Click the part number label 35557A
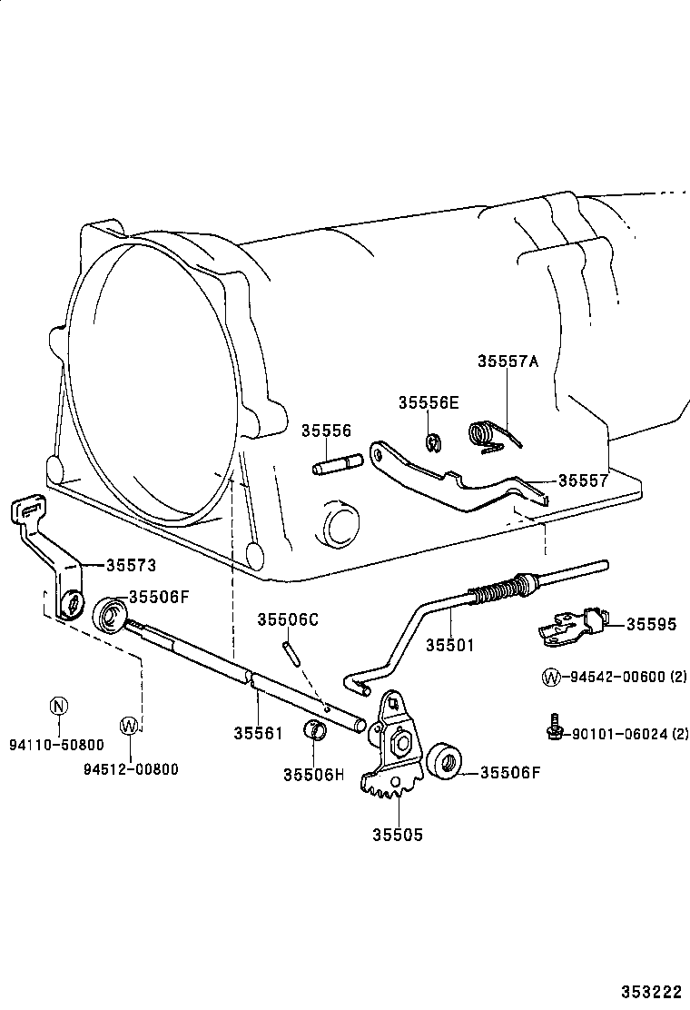[x=508, y=361]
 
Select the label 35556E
[x=429, y=402]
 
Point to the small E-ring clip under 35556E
[x=433, y=442]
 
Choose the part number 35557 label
[x=583, y=480]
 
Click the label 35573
[x=131, y=565]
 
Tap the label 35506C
[x=288, y=619]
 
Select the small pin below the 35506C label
[x=291, y=652]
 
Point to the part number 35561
[x=259, y=732]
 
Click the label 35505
[x=397, y=835]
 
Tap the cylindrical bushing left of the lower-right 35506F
[x=444, y=760]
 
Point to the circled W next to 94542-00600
[x=550, y=677]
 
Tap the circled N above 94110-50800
[x=58, y=706]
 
